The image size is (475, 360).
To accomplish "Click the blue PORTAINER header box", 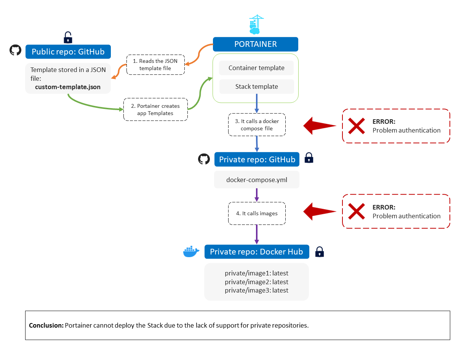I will pos(255,44).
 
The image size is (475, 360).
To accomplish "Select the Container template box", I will pos(256,68).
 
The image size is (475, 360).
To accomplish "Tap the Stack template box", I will pos(256,86).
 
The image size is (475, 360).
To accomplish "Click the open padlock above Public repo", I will pos(68,37).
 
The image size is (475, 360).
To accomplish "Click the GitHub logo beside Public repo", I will pos(15,50).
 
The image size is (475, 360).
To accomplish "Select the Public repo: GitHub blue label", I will pos(68,52).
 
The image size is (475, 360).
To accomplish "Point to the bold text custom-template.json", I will pos(68,87).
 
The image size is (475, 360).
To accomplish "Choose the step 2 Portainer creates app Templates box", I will pos(155,110).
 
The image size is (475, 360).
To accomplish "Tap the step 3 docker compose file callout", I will pos(257,125).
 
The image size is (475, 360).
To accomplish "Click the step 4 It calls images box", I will pos(257,213).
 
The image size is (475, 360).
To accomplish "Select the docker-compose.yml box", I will pos(257,180).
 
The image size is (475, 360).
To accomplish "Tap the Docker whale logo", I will pos(191,251).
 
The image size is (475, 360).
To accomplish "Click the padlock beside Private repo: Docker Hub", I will pos(320,251).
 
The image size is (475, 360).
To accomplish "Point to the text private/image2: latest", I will pos(256,282).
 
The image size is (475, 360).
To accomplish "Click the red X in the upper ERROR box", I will pos(357,126).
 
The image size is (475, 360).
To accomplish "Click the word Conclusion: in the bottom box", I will pos(46,326).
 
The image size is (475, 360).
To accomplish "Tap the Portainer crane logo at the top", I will pos(256,24).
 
